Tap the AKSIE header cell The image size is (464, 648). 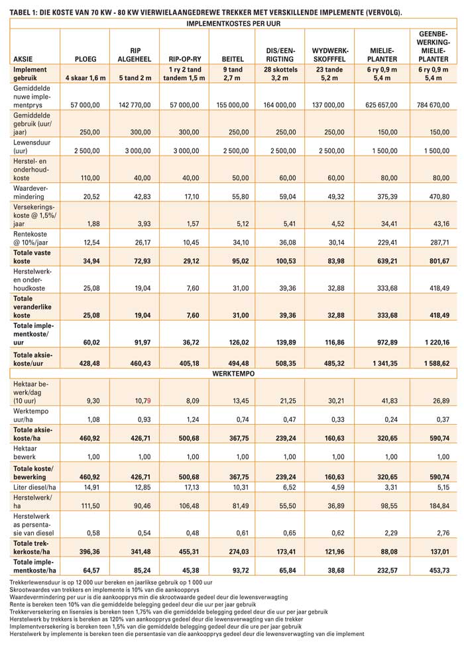(x=24, y=59)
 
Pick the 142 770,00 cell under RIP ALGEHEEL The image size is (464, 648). (x=137, y=105)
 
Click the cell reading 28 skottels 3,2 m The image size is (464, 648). (x=280, y=73)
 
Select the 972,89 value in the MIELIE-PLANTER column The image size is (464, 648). (x=382, y=342)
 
